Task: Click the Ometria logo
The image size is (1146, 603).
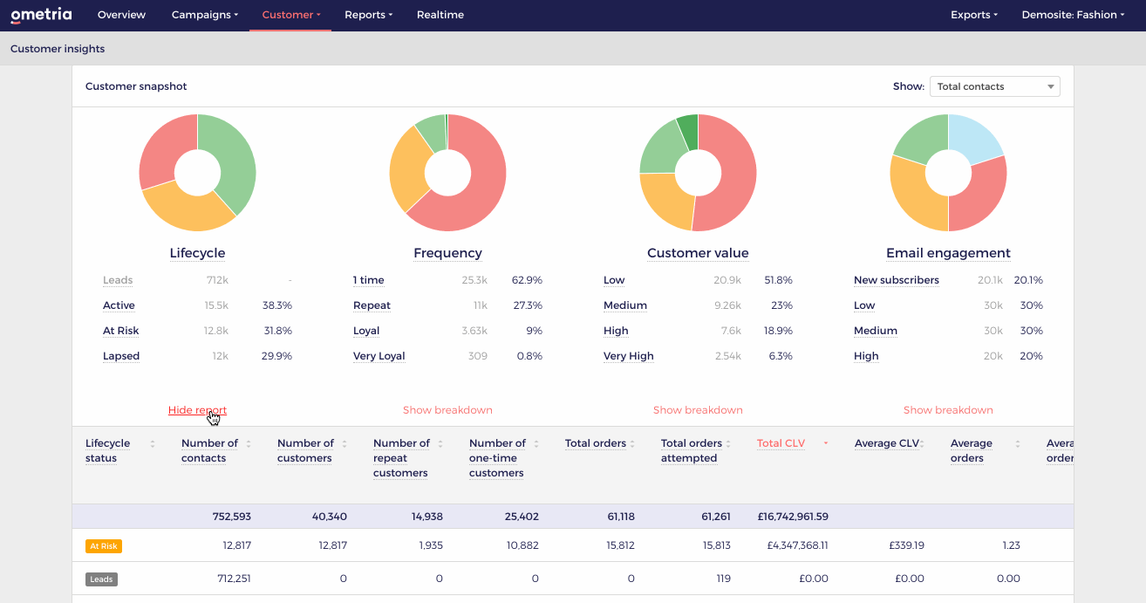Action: click(41, 15)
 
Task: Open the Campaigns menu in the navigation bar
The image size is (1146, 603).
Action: click(204, 15)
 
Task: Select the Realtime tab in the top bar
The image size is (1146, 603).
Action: click(440, 15)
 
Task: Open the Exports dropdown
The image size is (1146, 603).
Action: click(973, 15)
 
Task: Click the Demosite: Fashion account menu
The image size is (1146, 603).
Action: click(1073, 15)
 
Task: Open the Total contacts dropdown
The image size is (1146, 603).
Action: click(994, 86)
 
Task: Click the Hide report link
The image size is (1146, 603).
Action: click(197, 410)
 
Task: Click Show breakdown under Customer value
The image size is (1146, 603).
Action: click(698, 410)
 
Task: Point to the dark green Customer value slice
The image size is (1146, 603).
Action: click(688, 131)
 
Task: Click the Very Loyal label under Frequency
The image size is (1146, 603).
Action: click(379, 356)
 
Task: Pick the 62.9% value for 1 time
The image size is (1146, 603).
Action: click(527, 280)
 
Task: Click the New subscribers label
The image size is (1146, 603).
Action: click(896, 280)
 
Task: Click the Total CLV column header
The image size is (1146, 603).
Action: click(781, 443)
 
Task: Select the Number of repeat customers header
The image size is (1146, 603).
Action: click(400, 458)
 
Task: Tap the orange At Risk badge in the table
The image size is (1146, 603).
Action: click(104, 546)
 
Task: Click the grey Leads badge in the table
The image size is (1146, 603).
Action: click(101, 579)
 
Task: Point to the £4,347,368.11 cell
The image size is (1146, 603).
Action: click(797, 545)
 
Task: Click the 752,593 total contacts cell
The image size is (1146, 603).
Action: click(231, 517)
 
